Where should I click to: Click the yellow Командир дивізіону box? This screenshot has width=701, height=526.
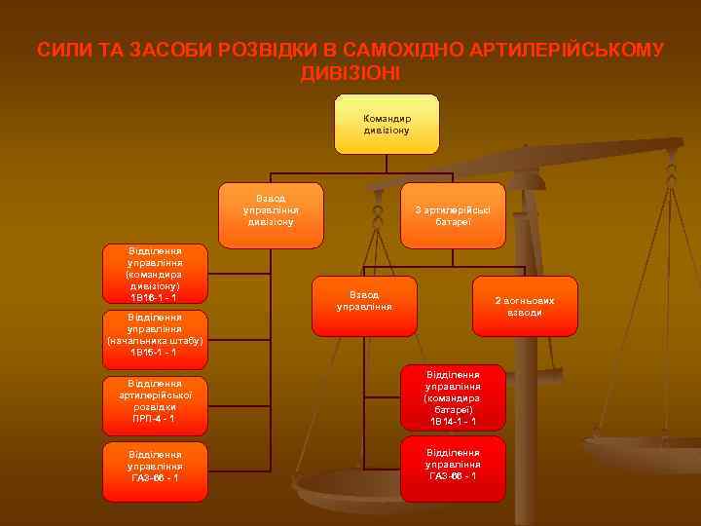point(387,124)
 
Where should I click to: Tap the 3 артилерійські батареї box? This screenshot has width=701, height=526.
point(454,214)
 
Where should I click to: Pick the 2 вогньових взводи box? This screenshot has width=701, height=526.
point(525,306)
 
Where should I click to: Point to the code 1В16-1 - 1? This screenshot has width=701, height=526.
point(153,297)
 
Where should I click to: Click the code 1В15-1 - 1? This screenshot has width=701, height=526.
point(153,352)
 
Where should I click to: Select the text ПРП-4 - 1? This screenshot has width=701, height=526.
point(153,418)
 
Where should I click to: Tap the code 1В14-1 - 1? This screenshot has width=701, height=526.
point(453,422)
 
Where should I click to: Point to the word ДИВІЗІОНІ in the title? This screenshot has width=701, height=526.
point(350,73)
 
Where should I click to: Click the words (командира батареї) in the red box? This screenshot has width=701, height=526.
point(453,404)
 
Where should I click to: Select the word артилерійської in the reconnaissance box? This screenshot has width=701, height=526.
point(154,394)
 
